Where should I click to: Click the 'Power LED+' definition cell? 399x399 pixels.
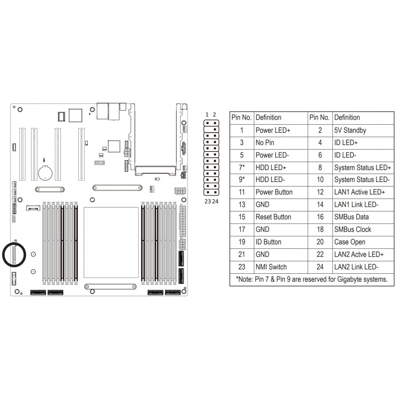(x=281, y=131)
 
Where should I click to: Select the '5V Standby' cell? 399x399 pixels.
(x=363, y=131)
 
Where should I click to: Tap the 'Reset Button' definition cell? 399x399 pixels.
(x=281, y=217)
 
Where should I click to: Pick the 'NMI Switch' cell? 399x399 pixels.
(x=281, y=267)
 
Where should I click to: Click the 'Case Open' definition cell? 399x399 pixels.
(x=363, y=242)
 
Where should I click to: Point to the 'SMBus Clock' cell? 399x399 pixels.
(x=363, y=229)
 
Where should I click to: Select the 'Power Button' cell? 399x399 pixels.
(x=281, y=192)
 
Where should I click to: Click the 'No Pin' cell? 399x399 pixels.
(x=281, y=143)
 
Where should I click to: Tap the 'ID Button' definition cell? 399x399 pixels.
(x=281, y=242)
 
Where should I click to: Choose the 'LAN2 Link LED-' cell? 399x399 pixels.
(x=363, y=267)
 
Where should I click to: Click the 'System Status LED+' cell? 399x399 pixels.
(x=363, y=168)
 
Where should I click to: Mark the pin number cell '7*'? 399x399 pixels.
(x=242, y=168)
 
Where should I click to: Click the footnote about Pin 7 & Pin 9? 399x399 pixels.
(x=312, y=279)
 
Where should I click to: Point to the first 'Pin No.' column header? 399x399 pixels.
(x=242, y=118)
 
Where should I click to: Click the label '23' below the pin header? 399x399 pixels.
(x=207, y=201)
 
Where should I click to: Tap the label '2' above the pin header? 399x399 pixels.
(x=214, y=115)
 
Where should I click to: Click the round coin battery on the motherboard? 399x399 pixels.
(x=45, y=173)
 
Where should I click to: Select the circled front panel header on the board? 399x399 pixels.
(x=14, y=255)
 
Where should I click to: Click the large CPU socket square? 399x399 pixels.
(x=111, y=242)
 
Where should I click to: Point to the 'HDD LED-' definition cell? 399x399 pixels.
(x=281, y=180)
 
